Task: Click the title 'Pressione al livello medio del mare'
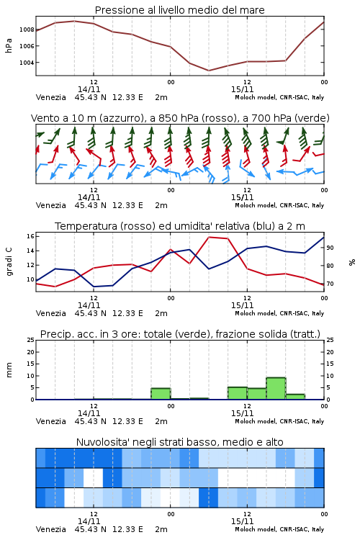click(x=179, y=10)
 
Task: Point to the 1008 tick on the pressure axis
click(x=27, y=30)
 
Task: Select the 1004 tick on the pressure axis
click(x=27, y=63)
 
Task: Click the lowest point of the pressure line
click(x=208, y=71)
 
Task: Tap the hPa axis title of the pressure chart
click(x=9, y=45)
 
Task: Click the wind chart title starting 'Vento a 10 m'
click(x=180, y=118)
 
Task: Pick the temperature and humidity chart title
click(x=180, y=226)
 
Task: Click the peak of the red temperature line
click(x=209, y=237)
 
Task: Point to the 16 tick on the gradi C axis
click(x=30, y=236)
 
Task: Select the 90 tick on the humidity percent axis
click(x=330, y=248)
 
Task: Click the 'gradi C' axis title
click(x=9, y=262)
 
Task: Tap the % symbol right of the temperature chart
click(x=352, y=262)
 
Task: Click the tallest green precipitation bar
click(x=276, y=389)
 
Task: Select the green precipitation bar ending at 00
click(x=161, y=394)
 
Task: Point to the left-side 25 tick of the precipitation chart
click(x=30, y=340)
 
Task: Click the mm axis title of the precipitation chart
click(x=9, y=370)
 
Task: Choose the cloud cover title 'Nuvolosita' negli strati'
click(x=180, y=442)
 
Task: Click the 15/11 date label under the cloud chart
click(x=242, y=521)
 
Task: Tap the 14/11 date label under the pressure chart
click(x=89, y=89)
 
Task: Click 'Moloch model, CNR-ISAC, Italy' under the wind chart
click(x=279, y=206)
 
